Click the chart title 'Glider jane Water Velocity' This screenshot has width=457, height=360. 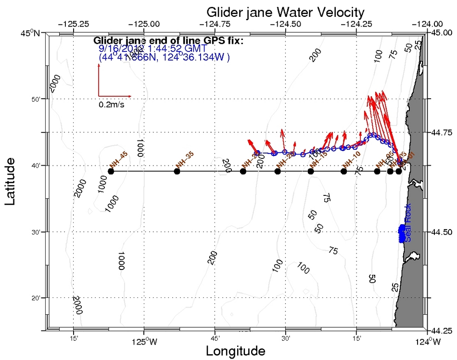pyautogui.click(x=285, y=12)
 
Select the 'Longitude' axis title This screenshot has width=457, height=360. pyautogui.click(x=235, y=351)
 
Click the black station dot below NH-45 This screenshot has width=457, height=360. pyautogui.click(x=111, y=171)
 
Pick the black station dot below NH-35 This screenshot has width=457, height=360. pyautogui.click(x=177, y=171)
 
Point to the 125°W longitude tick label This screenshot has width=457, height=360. pyautogui.click(x=144, y=342)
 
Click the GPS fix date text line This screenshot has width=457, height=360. pyautogui.click(x=152, y=49)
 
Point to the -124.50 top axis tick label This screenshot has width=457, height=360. pyautogui.click(x=286, y=23)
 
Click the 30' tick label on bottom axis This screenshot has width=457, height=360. pyautogui.click(x=286, y=338)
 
